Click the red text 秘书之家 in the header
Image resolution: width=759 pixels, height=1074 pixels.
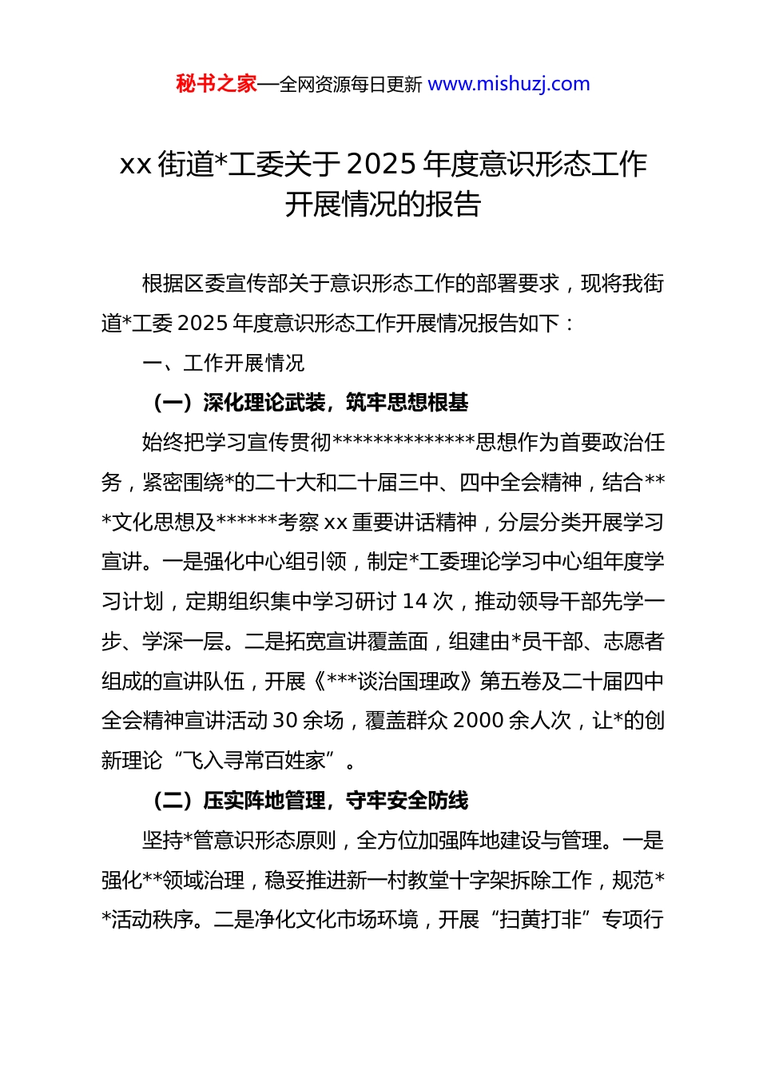216,84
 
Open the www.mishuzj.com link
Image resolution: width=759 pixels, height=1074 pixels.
509,84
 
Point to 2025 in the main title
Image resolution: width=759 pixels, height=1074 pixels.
382,164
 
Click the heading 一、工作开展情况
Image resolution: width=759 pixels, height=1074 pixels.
224,364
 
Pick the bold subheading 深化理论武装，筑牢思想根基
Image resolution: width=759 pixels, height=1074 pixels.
336,403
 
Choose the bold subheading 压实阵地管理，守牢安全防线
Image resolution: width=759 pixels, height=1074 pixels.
336,801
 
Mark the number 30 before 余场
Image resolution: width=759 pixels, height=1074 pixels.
286,721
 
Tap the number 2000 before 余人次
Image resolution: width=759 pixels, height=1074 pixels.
478,721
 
